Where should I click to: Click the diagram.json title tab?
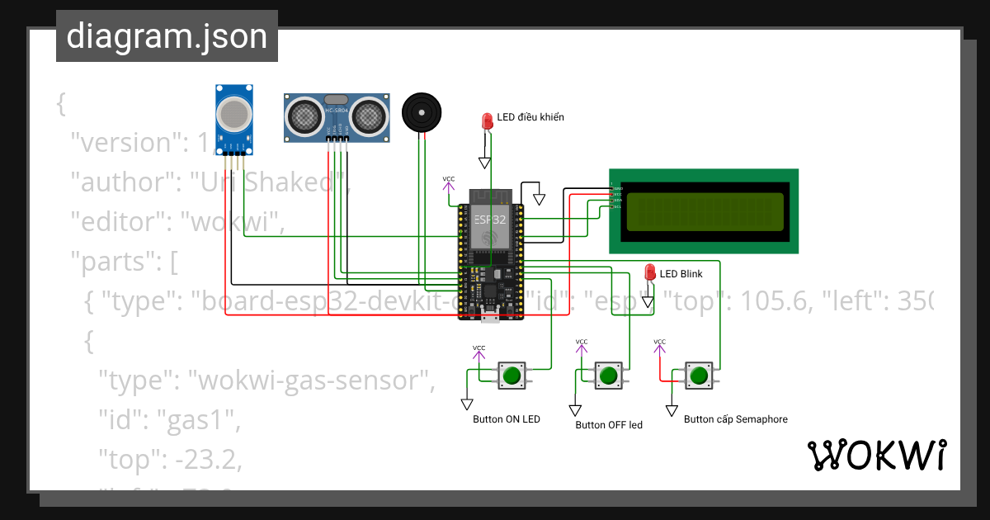167,37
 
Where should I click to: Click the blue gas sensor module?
234,116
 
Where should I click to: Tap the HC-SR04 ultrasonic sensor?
337,116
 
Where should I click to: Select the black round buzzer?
422,112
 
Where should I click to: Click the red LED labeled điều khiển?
488,121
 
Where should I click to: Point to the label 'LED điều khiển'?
530,117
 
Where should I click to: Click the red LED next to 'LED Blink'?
650,273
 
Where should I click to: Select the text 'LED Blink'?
681,274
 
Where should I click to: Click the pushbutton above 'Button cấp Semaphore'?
699,376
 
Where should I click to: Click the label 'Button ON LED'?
507,419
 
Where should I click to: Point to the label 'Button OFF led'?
609,425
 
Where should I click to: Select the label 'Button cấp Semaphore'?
736,419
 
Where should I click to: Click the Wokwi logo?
877,456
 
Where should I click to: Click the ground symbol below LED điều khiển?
485,163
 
